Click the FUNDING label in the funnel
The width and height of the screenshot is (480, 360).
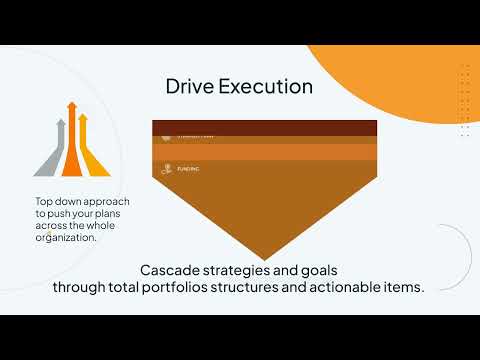point(188,169)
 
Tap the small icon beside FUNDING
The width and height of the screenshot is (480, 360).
point(166,169)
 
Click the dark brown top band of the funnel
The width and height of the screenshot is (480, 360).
point(264,127)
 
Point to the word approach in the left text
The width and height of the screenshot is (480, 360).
point(109,202)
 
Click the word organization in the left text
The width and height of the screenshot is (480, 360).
point(67,238)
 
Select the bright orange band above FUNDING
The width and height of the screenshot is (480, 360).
point(264,152)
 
